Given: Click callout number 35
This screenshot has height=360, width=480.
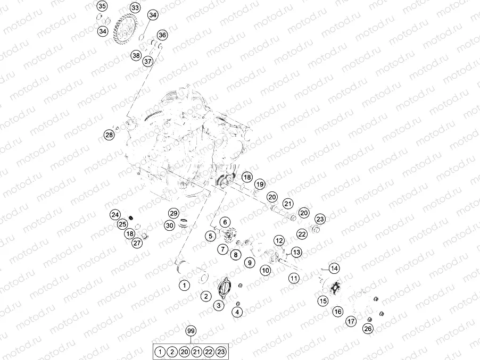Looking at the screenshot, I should point(102,6).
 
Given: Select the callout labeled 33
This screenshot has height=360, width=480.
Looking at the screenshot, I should point(135,8).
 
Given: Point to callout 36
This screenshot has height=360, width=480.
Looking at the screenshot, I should point(162,35).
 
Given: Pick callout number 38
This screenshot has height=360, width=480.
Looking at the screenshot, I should point(136,55).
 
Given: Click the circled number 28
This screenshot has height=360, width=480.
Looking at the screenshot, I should point(109,135).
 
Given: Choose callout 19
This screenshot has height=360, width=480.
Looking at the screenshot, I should point(259,184).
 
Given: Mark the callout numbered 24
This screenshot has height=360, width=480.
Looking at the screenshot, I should point(115,215).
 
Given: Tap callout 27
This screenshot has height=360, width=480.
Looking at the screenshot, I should point(137,243).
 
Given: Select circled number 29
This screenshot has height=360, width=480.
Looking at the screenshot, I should point(173,213).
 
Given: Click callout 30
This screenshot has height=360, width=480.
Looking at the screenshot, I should point(169,225).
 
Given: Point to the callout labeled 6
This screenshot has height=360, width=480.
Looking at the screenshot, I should point(225,222).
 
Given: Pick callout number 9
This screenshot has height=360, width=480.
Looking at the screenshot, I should point(248,262).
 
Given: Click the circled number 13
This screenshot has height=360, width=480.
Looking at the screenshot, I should point(296,252).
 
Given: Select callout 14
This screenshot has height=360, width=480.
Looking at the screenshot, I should point(334,268).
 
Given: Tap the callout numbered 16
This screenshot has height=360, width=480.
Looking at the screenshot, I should point(338,312).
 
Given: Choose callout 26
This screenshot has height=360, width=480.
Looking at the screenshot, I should point(368,329).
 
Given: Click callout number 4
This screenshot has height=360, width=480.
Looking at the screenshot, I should point(237,312).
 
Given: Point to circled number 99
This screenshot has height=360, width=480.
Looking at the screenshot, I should point(191,331).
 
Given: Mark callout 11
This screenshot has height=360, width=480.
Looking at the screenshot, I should point(294,277).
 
